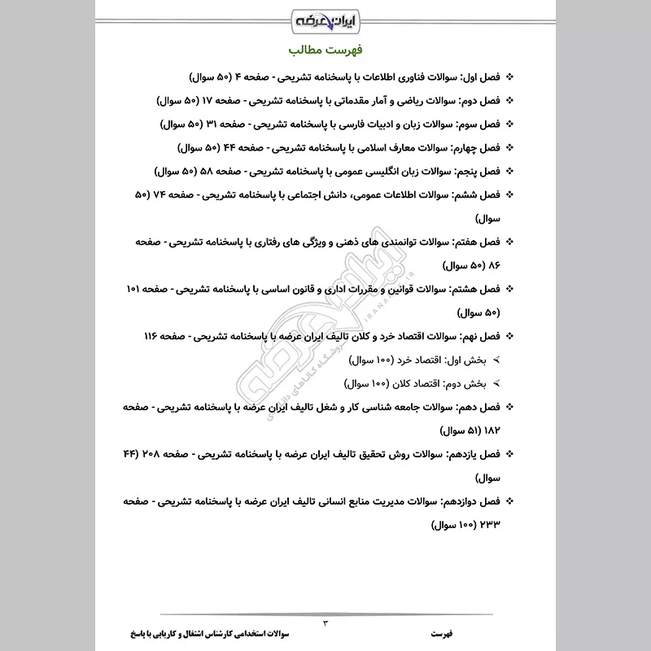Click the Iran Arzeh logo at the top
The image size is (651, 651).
(325, 17)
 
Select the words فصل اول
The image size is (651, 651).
(478, 78)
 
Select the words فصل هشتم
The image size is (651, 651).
(475, 289)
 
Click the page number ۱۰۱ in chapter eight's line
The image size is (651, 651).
(138, 289)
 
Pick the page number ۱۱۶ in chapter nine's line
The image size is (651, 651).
(155, 335)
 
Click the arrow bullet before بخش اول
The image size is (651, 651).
(496, 359)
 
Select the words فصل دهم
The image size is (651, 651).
(478, 406)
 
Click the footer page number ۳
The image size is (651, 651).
(325, 623)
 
